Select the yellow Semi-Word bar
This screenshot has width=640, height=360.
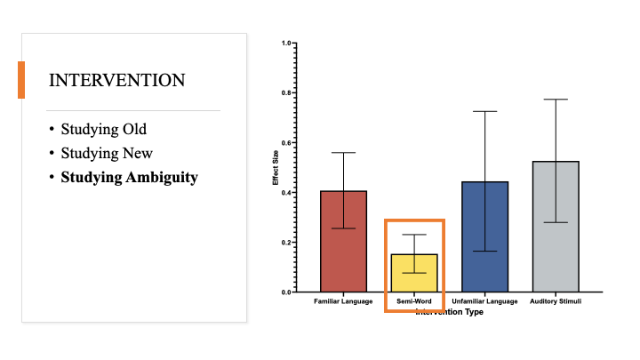click(414, 276)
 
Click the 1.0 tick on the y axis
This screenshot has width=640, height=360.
click(286, 43)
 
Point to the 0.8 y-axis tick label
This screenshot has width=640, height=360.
click(286, 92)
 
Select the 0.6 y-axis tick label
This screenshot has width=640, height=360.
click(286, 142)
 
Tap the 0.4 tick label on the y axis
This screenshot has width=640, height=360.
click(286, 192)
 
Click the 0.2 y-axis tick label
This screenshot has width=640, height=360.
click(286, 242)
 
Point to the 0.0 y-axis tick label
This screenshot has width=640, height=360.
click(286, 292)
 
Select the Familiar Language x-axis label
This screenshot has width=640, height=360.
click(343, 302)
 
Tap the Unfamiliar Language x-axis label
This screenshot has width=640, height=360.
click(485, 302)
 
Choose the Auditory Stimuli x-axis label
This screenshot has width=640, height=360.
click(556, 302)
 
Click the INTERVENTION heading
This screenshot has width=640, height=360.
click(117, 81)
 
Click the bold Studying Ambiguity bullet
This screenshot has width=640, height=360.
click(129, 177)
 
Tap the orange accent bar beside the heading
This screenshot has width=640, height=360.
click(21, 79)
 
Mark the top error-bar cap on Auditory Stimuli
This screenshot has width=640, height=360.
click(555, 100)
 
